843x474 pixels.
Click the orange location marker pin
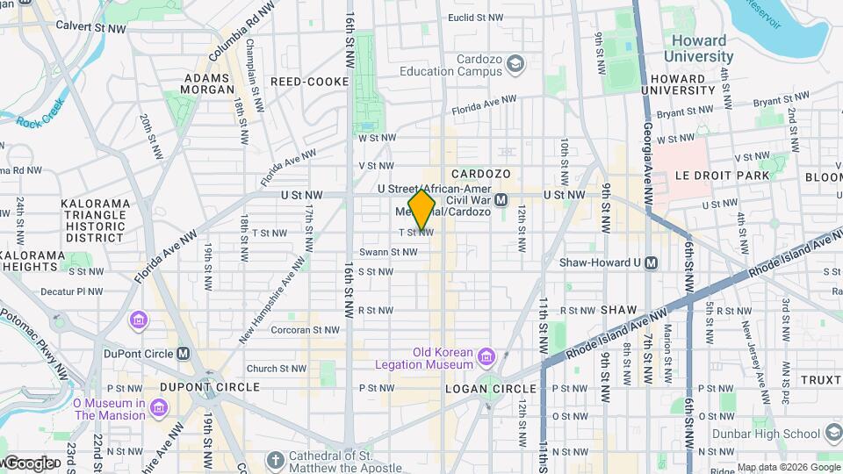tap(421, 210)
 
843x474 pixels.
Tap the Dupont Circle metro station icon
tap(183, 354)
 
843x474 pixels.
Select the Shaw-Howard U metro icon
tap(651, 262)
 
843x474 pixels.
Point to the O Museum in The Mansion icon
tap(158, 409)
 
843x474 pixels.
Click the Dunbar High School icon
tap(832, 433)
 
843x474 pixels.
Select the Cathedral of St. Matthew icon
tap(275, 460)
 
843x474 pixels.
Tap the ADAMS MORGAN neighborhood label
tap(207, 83)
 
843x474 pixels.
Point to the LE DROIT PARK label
tap(722, 176)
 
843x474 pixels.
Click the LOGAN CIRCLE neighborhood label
tap(490, 388)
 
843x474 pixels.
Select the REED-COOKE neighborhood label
tap(309, 82)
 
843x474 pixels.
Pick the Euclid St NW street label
tap(475, 17)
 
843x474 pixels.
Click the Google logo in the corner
tap(28, 463)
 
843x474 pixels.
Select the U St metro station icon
tap(501, 200)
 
